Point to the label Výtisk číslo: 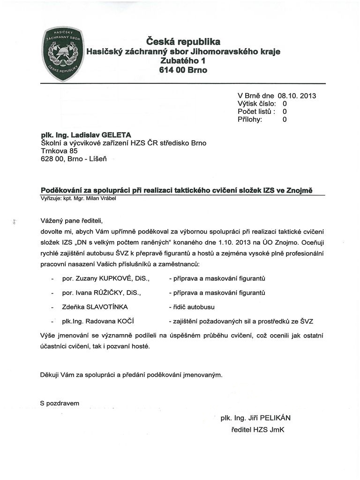[256, 104]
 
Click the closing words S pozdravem [60, 403]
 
